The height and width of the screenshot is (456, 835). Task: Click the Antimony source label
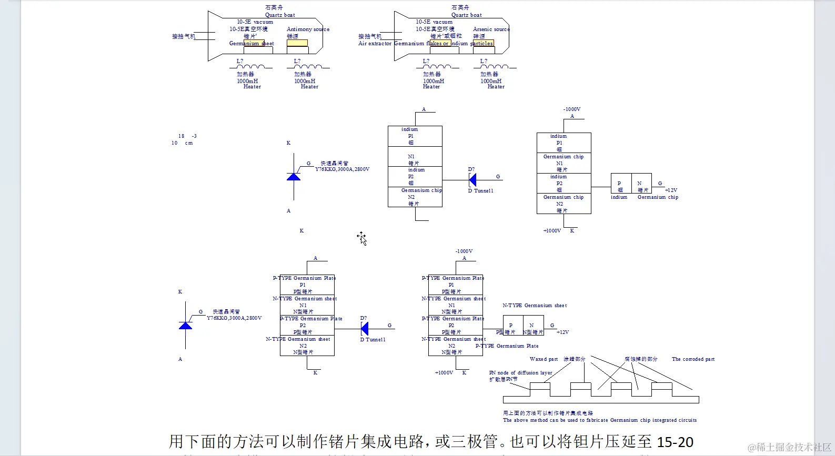pyautogui.click(x=308, y=29)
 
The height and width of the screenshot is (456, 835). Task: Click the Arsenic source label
pyautogui.click(x=491, y=29)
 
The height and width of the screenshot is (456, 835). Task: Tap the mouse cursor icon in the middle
pyautogui.click(x=361, y=238)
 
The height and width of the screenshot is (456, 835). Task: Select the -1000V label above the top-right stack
pyautogui.click(x=571, y=109)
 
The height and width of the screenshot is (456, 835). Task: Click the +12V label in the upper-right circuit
pyautogui.click(x=671, y=190)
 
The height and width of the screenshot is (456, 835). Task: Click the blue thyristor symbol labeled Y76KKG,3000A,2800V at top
pyautogui.click(x=294, y=176)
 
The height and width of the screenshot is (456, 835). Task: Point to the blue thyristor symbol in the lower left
pyautogui.click(x=185, y=325)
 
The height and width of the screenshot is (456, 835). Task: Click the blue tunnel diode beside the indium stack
pyautogui.click(x=472, y=180)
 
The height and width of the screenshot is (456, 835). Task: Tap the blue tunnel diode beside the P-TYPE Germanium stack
pyautogui.click(x=365, y=329)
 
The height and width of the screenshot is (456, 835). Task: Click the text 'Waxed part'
pyautogui.click(x=544, y=359)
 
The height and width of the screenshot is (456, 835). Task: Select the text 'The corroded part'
pyautogui.click(x=693, y=359)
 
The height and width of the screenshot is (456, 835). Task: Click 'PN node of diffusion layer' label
pyautogui.click(x=520, y=373)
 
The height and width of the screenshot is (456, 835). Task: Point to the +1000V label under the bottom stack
pyautogui.click(x=444, y=373)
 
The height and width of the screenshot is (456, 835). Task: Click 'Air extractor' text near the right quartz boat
pyautogui.click(x=375, y=44)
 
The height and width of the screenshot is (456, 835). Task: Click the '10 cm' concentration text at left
pyautogui.click(x=182, y=143)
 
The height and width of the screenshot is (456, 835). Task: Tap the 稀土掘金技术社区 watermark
pyautogui.click(x=789, y=447)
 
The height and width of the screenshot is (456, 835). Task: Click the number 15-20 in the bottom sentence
pyautogui.click(x=675, y=442)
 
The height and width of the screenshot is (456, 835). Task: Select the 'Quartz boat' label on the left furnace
pyautogui.click(x=280, y=15)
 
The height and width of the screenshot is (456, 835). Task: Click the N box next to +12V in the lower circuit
pyautogui.click(x=532, y=326)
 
